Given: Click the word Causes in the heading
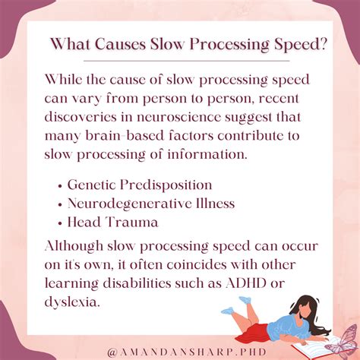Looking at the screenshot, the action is [120, 44].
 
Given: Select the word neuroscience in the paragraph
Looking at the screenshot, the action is [179, 117].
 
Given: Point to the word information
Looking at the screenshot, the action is [207, 154].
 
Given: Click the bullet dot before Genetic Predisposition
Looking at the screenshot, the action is [60, 186].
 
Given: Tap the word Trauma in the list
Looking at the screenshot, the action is [131, 222].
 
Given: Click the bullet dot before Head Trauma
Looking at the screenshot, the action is [60, 223].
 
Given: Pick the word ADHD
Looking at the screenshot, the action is [245, 283].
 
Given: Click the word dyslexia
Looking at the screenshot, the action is [71, 302].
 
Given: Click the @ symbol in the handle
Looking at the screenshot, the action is [112, 352].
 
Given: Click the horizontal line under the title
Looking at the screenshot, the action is [187, 61].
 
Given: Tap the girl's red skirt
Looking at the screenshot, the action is [254, 333].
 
